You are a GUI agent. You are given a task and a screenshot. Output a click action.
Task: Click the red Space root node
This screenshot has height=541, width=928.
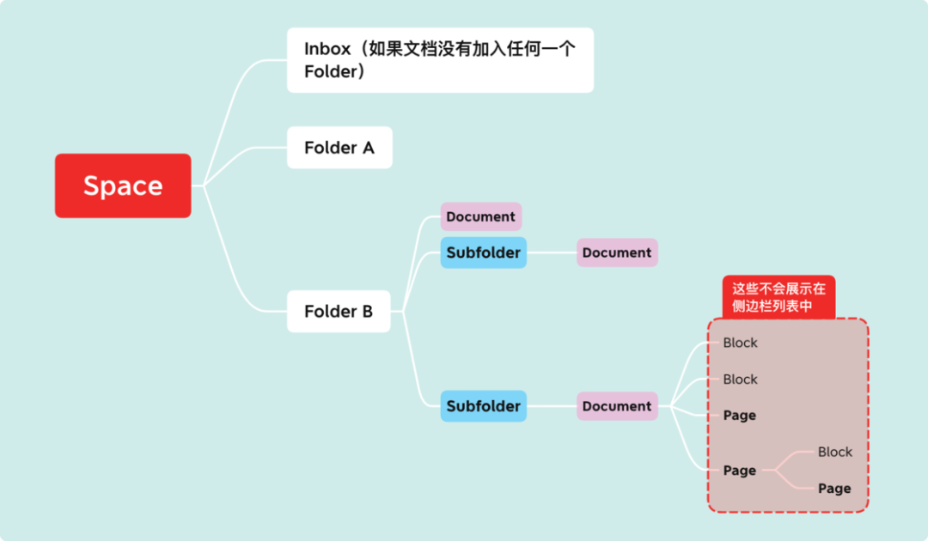(123, 185)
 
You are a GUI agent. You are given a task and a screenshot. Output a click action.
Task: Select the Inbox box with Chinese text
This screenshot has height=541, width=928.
(440, 60)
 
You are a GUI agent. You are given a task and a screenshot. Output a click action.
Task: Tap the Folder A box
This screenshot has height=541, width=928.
(339, 148)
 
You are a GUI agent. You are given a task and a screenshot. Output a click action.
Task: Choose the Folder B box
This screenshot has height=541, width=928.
(339, 311)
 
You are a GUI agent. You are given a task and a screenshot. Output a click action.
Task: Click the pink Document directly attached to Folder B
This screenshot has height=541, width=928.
(480, 216)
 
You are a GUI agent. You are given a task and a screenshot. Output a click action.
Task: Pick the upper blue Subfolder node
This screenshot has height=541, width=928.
(483, 252)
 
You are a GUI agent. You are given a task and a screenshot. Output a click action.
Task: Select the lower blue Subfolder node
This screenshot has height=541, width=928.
(483, 406)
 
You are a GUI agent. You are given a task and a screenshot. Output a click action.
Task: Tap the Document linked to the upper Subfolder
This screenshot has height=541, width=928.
(617, 252)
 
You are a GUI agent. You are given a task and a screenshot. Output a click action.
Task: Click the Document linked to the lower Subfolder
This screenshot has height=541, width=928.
(617, 406)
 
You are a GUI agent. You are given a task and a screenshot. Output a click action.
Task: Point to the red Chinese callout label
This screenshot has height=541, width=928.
(778, 297)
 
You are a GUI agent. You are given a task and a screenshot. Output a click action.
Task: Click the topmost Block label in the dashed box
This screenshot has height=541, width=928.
(740, 343)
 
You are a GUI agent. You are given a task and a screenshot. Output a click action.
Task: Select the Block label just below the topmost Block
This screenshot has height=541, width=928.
(740, 379)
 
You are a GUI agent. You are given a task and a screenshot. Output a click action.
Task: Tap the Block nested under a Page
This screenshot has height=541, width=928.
(834, 452)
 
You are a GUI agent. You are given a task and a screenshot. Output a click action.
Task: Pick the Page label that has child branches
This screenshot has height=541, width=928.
(739, 471)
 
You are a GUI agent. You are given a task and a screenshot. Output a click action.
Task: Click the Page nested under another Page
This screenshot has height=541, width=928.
(833, 489)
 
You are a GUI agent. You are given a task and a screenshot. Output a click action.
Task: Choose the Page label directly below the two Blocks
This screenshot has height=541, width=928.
(739, 416)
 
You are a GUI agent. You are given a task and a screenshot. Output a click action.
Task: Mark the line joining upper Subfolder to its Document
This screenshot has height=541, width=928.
(551, 252)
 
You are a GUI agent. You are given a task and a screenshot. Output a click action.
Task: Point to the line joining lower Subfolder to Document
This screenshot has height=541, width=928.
(551, 406)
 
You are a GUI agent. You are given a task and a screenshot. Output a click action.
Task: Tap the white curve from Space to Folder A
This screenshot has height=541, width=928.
(245, 153)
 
